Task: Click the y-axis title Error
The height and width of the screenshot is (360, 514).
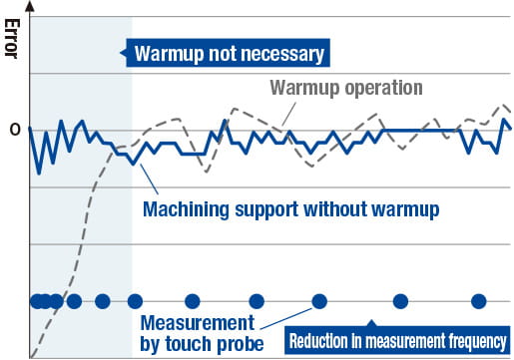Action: coord(12,35)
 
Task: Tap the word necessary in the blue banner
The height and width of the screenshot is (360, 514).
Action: coord(281,53)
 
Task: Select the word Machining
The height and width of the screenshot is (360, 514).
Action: coord(186,210)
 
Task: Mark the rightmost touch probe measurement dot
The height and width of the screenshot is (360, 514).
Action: coord(478,301)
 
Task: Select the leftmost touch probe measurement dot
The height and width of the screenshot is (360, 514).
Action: coord(36,301)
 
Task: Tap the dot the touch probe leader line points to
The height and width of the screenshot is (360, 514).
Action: coord(319,301)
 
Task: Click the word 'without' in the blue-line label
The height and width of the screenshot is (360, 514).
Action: coord(342,210)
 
